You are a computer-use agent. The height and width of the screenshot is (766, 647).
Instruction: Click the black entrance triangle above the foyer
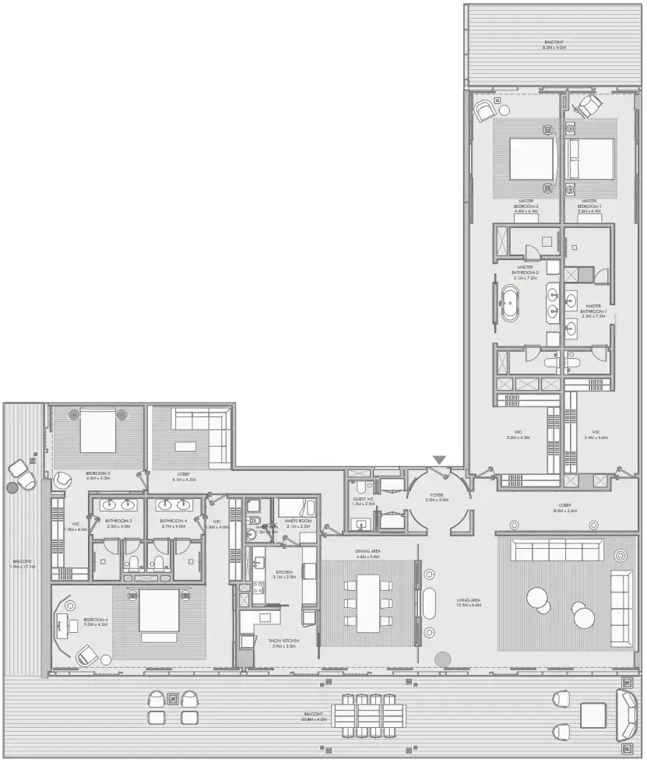(440, 460)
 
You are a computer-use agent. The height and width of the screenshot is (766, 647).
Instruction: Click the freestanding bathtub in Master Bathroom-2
(511, 303)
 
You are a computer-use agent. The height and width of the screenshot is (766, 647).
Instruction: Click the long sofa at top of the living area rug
(556, 551)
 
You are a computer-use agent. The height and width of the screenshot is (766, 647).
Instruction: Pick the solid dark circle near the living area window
(443, 659)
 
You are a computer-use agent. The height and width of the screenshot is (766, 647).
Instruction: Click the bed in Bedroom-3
(97, 430)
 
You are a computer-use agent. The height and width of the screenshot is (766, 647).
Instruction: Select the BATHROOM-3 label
(119, 523)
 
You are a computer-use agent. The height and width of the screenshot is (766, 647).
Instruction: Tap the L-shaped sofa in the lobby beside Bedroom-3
(200, 432)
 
